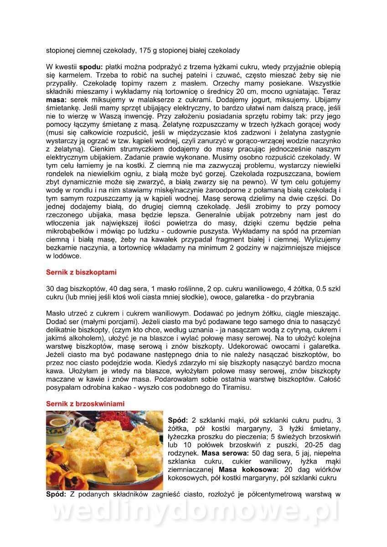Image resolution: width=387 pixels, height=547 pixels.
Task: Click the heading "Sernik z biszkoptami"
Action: pyautogui.click(x=81, y=273)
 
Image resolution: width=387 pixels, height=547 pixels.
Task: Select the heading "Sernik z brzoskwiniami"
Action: pyautogui.click(x=85, y=404)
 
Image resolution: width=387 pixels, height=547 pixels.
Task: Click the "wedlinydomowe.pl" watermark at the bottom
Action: pyautogui.click(x=194, y=512)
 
